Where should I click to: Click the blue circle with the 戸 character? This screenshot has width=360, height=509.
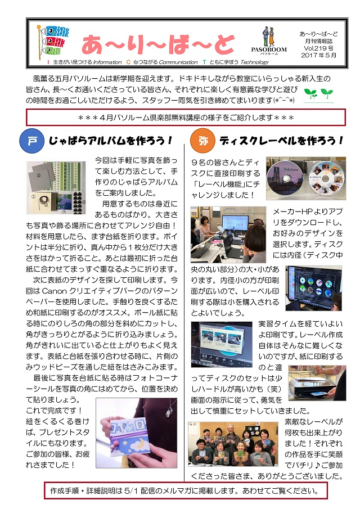(31, 141)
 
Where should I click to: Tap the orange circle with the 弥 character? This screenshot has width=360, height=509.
(202, 141)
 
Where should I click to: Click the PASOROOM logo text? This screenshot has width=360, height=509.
(269, 49)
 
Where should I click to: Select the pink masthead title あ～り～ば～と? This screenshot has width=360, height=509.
(158, 44)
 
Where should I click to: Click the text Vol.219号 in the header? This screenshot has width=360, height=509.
(318, 48)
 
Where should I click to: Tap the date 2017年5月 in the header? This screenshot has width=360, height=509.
(318, 55)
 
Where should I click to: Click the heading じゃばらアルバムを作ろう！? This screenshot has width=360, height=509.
(110, 141)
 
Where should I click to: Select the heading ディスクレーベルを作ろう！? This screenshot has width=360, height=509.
(281, 141)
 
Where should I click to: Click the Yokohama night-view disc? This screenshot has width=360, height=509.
(285, 177)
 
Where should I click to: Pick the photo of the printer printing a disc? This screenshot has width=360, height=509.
(317, 383)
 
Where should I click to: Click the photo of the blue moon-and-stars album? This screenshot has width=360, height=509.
(137, 433)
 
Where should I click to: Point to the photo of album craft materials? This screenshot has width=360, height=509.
(56, 188)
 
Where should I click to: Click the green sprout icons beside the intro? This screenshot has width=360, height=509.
(318, 94)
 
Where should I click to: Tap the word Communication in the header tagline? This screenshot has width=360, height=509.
(178, 62)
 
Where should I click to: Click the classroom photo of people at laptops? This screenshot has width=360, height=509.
(228, 235)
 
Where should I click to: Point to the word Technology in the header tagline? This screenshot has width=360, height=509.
(254, 62)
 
